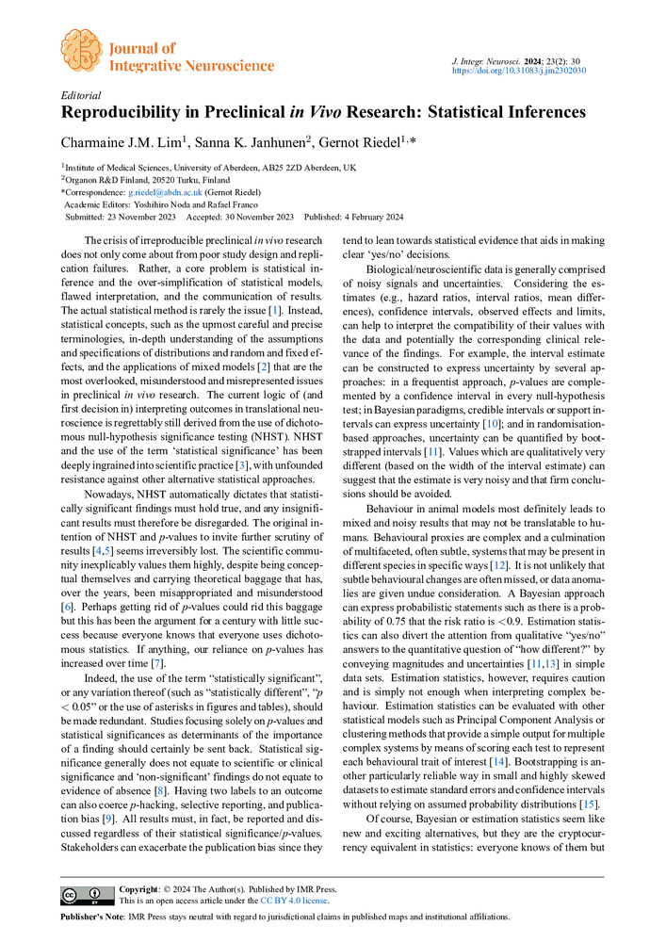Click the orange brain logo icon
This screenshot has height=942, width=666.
point(80,49)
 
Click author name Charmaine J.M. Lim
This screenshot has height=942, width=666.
point(117,142)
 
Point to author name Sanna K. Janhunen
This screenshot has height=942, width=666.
point(243,142)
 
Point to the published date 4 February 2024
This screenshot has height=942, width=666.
point(368,216)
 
